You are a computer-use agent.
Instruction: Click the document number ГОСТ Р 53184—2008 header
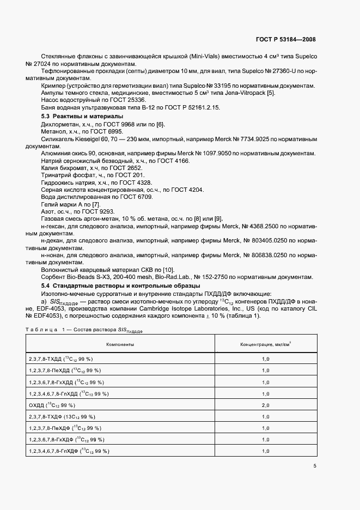coord(285,39)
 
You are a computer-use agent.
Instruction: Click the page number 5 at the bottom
coord(314,465)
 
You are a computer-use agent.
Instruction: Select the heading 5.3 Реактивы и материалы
coord(82,117)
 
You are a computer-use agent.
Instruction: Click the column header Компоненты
coord(120,345)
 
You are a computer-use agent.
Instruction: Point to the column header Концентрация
coord(266,345)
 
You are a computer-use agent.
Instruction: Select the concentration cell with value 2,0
coord(266,405)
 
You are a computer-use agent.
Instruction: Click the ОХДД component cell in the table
coord(52,405)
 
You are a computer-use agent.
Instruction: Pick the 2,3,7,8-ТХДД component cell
coord(60,359)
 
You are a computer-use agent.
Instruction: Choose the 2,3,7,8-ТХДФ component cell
coord(61,417)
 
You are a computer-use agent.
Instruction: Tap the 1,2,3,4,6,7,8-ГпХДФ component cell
coord(69,451)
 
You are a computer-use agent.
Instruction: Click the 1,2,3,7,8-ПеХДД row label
coord(64,371)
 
